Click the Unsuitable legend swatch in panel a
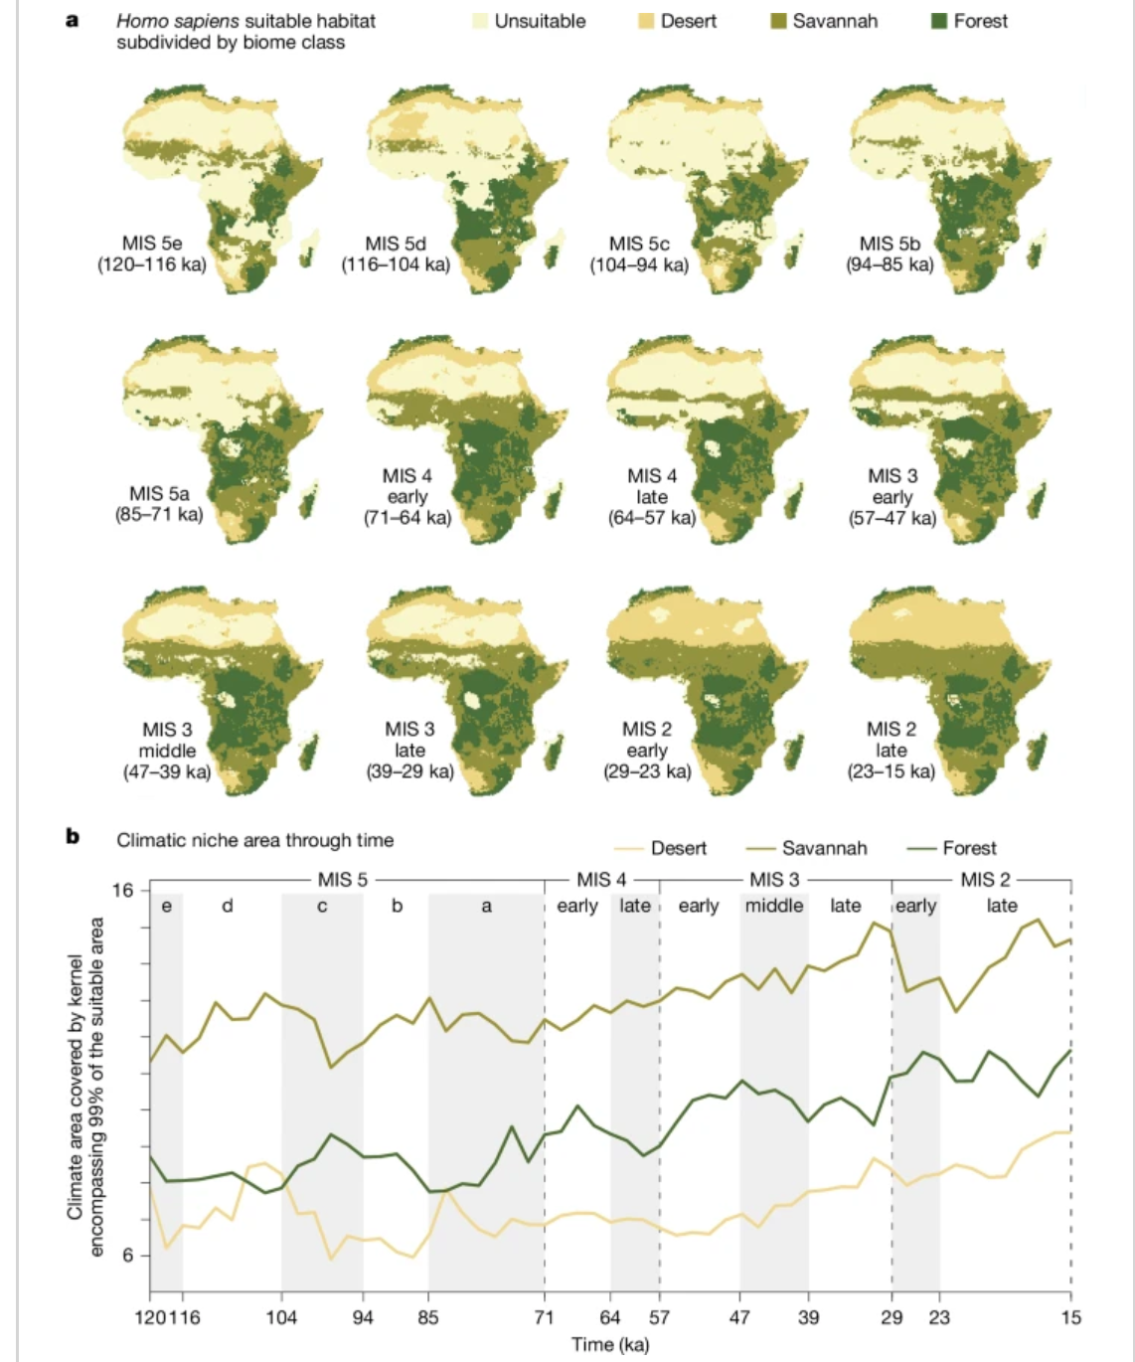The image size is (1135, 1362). coord(480,22)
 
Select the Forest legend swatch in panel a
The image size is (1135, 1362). coord(938,22)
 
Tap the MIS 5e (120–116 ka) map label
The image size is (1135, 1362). coord(152,254)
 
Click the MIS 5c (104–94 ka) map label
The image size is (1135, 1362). coord(639,254)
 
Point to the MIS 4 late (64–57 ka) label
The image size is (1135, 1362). coord(652,496)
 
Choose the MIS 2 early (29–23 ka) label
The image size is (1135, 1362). coord(647,751)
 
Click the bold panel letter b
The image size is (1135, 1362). coord(73,837)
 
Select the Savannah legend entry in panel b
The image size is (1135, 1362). coord(806,848)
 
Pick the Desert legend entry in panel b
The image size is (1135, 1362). coord(660,848)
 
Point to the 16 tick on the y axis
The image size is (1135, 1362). coord(122,890)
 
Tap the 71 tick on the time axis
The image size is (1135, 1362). coord(544,1317)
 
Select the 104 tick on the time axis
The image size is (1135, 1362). coord(281,1317)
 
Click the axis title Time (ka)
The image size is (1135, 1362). coord(610,1344)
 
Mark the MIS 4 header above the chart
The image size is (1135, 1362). coord(601,880)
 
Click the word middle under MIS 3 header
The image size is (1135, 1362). coord(774,906)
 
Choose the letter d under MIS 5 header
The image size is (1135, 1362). coord(228,906)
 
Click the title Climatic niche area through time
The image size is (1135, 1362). coord(255,840)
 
